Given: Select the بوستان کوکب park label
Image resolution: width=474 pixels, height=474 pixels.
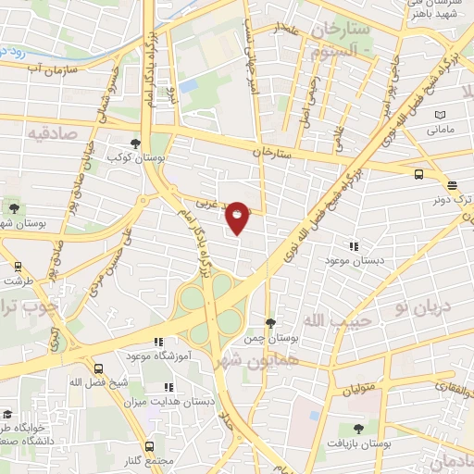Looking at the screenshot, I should pos(137,158).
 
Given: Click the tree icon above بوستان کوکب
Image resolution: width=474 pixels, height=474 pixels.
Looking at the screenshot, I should pos(137,143).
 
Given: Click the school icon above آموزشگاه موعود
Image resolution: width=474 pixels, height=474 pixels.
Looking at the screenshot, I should pos(157,342).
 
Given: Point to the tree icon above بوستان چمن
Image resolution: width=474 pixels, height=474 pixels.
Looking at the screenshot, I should pos(269,323).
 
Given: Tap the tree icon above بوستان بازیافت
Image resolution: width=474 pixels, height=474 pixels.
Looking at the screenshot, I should pos(358,429).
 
